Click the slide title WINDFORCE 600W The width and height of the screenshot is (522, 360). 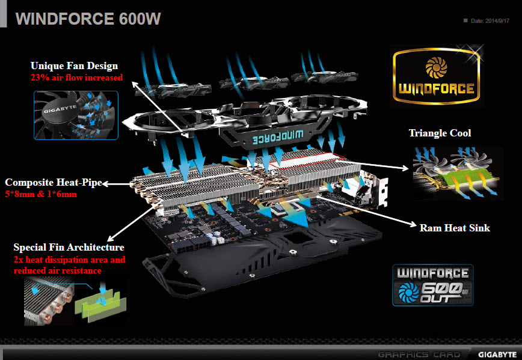[x=88, y=18]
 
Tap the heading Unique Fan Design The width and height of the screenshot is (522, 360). [x=75, y=66]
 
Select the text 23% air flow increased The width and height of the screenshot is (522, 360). [x=77, y=78]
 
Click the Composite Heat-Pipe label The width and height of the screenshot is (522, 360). [x=53, y=182]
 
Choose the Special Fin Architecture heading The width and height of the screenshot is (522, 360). [x=69, y=247]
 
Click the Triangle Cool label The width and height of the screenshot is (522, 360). [x=440, y=133]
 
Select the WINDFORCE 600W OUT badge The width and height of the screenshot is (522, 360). [x=433, y=284]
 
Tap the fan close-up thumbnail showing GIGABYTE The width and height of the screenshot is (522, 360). [x=76, y=115]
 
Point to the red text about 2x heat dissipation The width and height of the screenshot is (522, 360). [x=69, y=265]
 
